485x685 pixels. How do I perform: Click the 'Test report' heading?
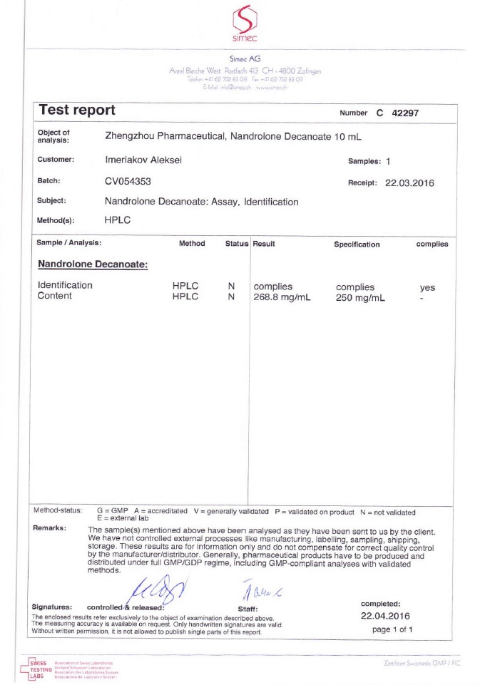tap(77, 111)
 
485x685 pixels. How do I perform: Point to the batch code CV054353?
tap(128, 181)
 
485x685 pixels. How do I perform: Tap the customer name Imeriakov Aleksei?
tap(143, 160)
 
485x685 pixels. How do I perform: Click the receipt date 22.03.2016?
tap(409, 183)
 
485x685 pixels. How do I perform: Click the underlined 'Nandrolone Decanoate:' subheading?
tap(93, 264)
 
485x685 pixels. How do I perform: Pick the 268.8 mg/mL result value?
tap(282, 297)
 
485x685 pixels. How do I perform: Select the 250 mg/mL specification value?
tap(360, 298)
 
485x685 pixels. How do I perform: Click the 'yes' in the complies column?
tap(427, 287)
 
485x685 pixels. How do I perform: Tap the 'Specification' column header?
tap(357, 244)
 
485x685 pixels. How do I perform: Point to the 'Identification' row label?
tap(65, 285)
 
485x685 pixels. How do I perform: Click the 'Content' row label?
tap(55, 296)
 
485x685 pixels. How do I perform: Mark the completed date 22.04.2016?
tap(385, 616)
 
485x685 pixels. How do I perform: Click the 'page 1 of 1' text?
tap(392, 629)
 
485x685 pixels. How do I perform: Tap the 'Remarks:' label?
tap(50, 528)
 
